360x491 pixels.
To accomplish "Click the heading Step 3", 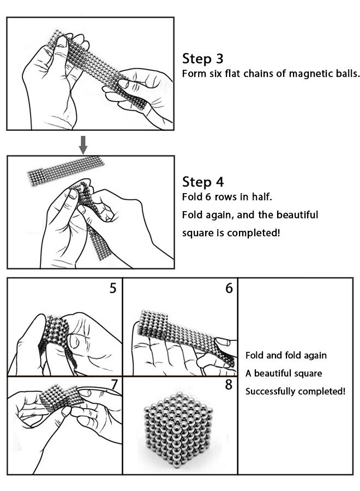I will pos(202,58).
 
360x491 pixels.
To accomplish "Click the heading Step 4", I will pos(202,182).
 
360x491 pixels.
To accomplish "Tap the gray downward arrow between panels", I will pos(83,144).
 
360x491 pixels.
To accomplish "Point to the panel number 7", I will pos(114,385).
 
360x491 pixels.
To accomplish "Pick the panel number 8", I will pos(229,385).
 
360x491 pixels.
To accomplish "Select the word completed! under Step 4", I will pos(254,233).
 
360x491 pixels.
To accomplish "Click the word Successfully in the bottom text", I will pos(271,391).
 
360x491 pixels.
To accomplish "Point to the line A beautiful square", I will pos(283,373).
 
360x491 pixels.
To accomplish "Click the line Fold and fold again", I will pos(286,355).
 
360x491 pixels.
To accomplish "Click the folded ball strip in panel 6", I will pos(180,333).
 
